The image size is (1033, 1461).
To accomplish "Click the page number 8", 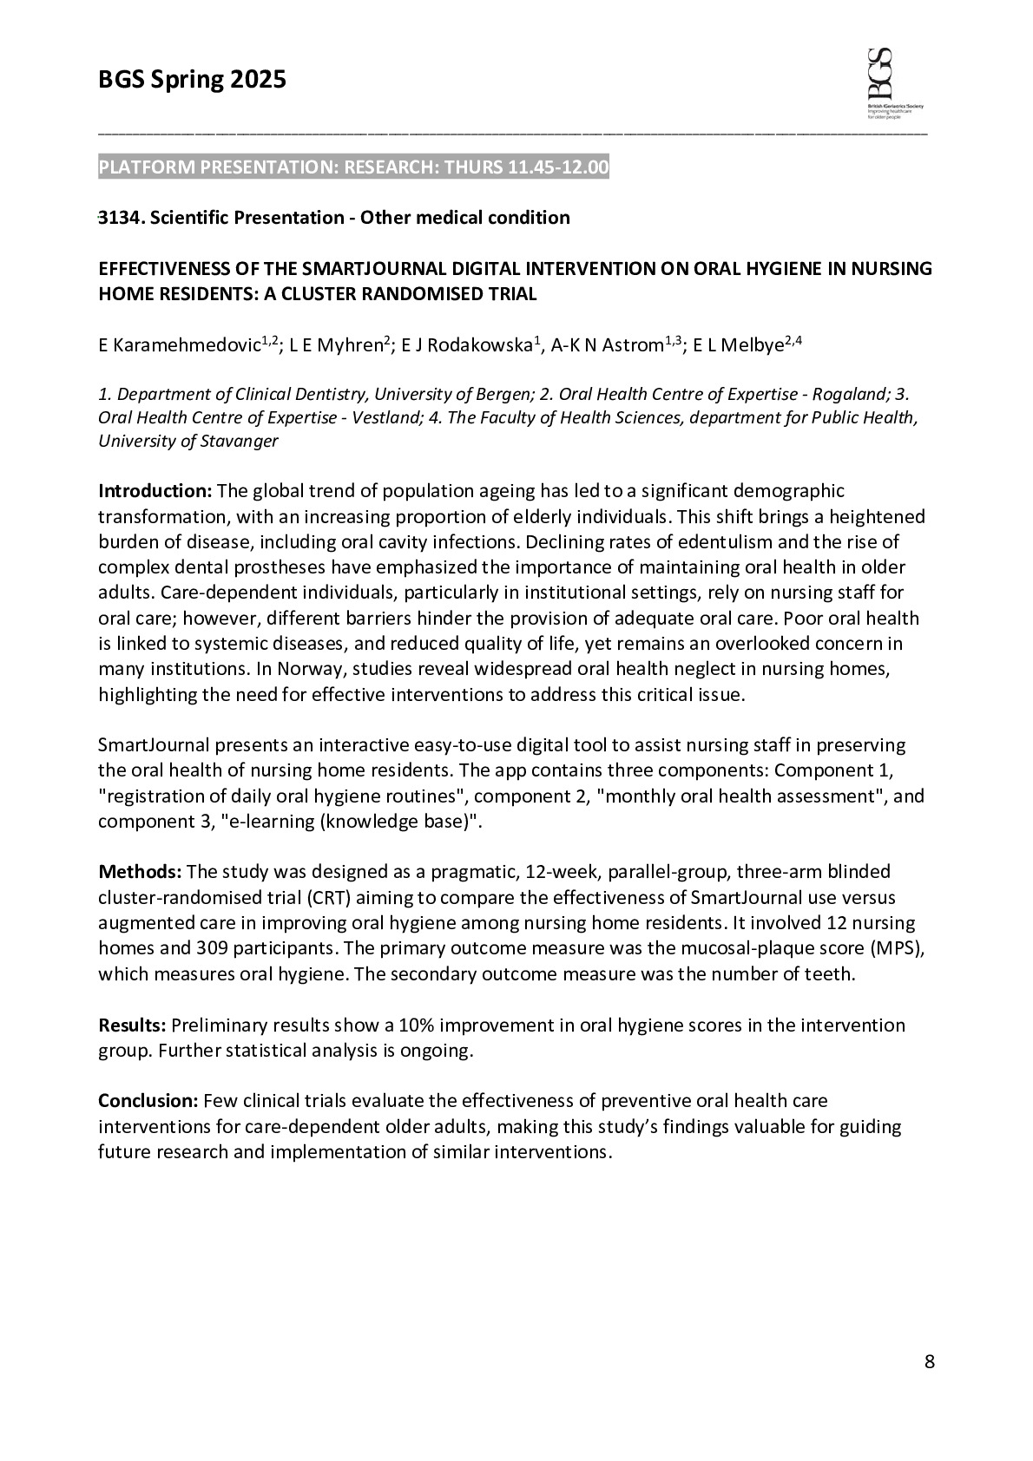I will click(x=930, y=1362).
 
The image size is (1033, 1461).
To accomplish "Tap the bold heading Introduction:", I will click(x=155, y=491).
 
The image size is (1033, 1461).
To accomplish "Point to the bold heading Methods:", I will click(x=140, y=871).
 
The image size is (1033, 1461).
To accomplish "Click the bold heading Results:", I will click(x=132, y=1025).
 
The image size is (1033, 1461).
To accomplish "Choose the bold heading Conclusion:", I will click(x=148, y=1101).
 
